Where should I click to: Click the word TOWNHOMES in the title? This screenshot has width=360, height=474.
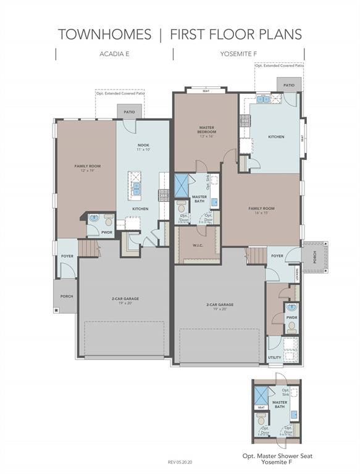[x=104, y=34]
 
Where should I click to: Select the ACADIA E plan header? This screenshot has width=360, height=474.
[x=114, y=54]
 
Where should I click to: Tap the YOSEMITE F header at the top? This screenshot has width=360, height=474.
[x=239, y=54]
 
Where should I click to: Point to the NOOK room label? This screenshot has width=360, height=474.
[x=143, y=144]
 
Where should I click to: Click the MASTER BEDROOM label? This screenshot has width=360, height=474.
[x=206, y=130]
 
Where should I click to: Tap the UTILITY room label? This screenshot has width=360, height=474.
[x=275, y=357]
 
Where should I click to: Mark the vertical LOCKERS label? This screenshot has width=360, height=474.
[x=298, y=272]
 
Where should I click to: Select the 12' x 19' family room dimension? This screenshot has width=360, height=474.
[x=87, y=171]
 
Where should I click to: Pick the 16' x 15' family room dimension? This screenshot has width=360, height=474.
[x=261, y=214]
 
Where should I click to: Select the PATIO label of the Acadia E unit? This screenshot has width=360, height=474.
[x=129, y=112]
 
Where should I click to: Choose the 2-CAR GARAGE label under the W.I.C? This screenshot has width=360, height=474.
[x=219, y=304]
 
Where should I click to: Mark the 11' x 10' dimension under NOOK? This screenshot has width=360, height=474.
[x=143, y=149]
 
